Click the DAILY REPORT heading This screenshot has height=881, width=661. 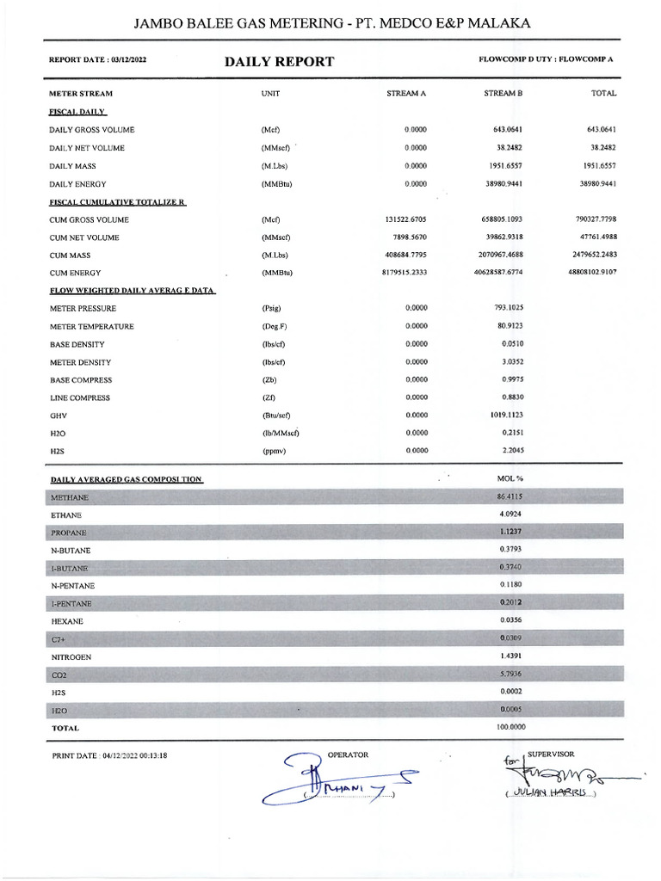(x=279, y=62)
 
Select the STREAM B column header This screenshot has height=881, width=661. (x=503, y=93)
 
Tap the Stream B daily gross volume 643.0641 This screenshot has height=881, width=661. (x=504, y=130)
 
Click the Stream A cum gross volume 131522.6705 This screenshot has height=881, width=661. (x=405, y=219)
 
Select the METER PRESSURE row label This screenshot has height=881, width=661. (x=82, y=308)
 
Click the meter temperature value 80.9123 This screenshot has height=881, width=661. (x=507, y=326)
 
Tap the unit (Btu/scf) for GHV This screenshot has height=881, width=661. (x=276, y=416)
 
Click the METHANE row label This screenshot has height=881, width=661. (x=71, y=497)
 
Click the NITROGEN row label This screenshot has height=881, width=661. (x=71, y=656)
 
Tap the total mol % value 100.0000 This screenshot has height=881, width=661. (x=511, y=728)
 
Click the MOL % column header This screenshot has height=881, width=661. (x=510, y=477)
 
